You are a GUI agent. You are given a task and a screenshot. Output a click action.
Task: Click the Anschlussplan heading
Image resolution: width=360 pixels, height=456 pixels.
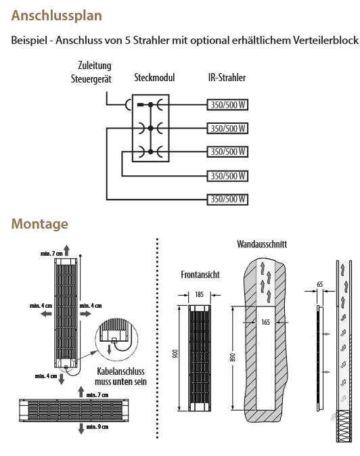(x=56, y=16)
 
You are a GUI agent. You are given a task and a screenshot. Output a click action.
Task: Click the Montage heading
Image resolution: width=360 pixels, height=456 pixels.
(x=39, y=224)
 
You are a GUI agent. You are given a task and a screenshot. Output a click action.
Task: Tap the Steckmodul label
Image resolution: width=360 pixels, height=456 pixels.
(x=154, y=78)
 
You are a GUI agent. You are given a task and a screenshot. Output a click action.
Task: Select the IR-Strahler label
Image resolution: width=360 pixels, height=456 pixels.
(x=227, y=78)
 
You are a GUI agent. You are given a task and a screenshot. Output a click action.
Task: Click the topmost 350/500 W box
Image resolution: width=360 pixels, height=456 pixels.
(x=227, y=105)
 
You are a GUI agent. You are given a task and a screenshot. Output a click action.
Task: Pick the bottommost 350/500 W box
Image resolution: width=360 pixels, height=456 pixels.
(x=227, y=200)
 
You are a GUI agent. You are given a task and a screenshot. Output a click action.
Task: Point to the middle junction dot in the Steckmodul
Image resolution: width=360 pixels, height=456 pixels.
(x=150, y=129)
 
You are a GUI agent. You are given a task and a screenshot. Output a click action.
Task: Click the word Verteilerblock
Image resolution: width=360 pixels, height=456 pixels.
(x=325, y=40)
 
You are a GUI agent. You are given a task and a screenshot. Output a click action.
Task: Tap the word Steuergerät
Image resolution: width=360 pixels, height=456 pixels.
(x=91, y=78)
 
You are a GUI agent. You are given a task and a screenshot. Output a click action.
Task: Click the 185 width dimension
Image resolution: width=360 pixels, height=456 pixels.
(x=199, y=294)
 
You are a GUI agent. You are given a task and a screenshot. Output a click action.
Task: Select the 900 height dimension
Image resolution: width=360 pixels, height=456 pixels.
(x=175, y=354)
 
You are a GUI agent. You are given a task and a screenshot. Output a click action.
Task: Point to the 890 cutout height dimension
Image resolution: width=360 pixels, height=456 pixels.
(x=233, y=358)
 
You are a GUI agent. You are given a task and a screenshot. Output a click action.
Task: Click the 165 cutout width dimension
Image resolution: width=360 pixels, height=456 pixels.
(x=265, y=322)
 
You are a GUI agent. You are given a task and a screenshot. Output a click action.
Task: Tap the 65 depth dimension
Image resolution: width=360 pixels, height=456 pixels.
(x=319, y=284)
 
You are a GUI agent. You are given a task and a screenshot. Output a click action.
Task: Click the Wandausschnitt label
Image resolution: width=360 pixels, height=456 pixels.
(x=262, y=244)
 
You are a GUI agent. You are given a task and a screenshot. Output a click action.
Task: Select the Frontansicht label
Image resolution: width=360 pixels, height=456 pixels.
(x=200, y=275)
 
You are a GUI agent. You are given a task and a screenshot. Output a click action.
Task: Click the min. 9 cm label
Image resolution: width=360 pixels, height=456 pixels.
(x=97, y=427)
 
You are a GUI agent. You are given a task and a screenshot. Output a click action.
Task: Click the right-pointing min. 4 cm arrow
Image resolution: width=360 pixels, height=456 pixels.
(x=85, y=313)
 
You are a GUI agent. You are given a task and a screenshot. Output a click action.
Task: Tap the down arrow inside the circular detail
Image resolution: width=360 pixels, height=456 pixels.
(x=110, y=349)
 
